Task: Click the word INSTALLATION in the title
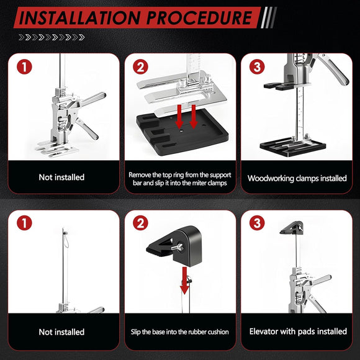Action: click(x=79, y=17)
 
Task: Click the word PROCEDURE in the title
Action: click(x=199, y=17)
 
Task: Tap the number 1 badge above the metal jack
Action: click(x=24, y=66)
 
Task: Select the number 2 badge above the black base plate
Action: click(x=140, y=66)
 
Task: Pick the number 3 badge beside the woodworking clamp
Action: click(x=257, y=66)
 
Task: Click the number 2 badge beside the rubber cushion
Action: click(x=140, y=223)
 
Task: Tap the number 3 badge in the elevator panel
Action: click(x=257, y=223)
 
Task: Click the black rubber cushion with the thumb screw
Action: click(x=177, y=246)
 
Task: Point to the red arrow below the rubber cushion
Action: click(x=184, y=281)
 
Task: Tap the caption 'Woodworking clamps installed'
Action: click(x=297, y=178)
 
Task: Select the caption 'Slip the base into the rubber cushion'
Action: click(x=180, y=332)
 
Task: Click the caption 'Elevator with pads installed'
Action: click(x=298, y=331)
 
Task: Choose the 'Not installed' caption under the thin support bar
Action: click(x=61, y=332)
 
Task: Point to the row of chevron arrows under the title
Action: click(x=52, y=37)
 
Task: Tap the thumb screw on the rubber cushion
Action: click(x=178, y=247)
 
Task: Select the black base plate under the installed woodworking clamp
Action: click(x=293, y=147)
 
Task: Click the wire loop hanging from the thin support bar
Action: click(x=66, y=240)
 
